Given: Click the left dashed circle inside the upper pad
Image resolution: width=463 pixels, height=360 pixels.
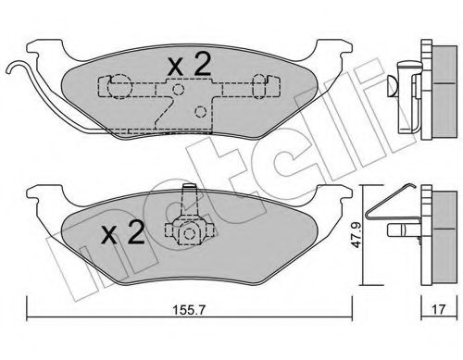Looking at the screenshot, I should coord(115,88).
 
